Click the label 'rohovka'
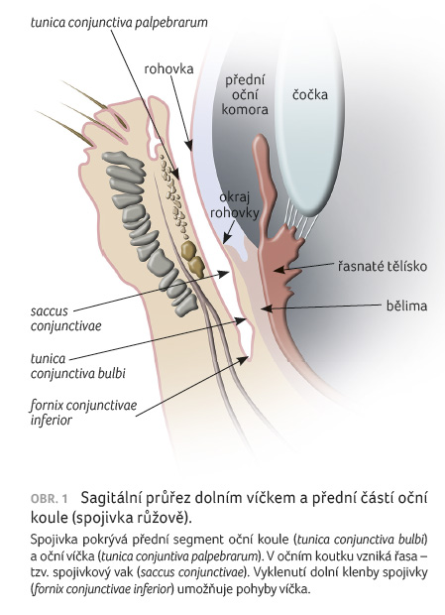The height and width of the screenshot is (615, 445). (x=168, y=69)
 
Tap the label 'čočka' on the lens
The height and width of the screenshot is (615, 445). (x=310, y=94)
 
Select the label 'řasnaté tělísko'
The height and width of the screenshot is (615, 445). (x=382, y=266)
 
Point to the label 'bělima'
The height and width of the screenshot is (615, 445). (x=406, y=306)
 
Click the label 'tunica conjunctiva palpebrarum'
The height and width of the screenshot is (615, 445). (x=119, y=23)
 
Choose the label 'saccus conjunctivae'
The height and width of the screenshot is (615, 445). (x=65, y=318)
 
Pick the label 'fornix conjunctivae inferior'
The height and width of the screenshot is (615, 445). (x=84, y=413)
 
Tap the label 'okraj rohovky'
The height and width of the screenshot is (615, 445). (x=235, y=204)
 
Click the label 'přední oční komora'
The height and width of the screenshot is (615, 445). (x=245, y=95)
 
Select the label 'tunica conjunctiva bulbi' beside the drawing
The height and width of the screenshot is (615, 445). (x=78, y=366)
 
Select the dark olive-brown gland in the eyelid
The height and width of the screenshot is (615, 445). (x=192, y=258)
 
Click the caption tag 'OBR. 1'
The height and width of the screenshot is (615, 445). (x=49, y=499)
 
